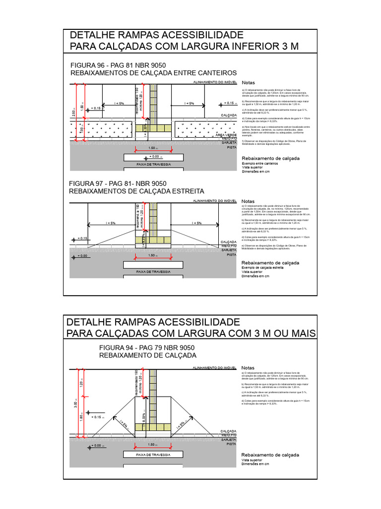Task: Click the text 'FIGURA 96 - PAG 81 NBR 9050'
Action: pyautogui.click(x=118, y=66)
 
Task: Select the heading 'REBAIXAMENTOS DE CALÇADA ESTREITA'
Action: pyautogui.click(x=136, y=191)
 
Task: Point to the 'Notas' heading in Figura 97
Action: pyautogui.click(x=248, y=201)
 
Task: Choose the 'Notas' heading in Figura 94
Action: pyautogui.click(x=248, y=368)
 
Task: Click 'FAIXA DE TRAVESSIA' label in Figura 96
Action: pyautogui.click(x=153, y=164)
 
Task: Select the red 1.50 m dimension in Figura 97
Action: pyautogui.click(x=153, y=255)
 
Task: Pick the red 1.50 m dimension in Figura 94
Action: pyautogui.click(x=152, y=445)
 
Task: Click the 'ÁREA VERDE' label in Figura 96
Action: pyautogui.click(x=226, y=135)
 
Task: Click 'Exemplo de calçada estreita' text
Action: pyautogui.click(x=262, y=267)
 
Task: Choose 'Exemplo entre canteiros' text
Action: pyautogui.click(x=259, y=163)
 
